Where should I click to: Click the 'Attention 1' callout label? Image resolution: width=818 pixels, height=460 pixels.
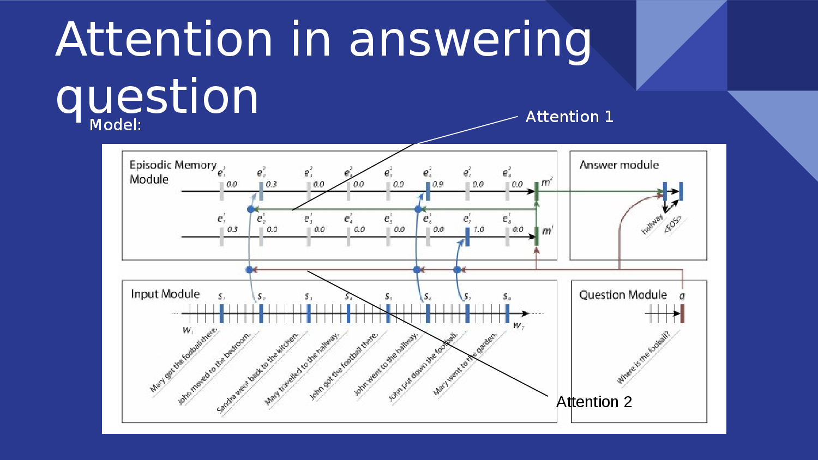(569, 117)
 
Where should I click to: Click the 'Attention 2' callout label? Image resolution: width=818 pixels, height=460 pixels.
(594, 402)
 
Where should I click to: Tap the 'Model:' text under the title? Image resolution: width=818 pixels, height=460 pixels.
(115, 125)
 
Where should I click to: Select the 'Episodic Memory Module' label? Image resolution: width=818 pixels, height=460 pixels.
(172, 172)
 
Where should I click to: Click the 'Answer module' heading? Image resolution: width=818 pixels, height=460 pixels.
(619, 165)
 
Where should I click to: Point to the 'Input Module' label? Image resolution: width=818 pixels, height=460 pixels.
(165, 294)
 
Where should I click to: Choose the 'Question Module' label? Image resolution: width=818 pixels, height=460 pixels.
(623, 295)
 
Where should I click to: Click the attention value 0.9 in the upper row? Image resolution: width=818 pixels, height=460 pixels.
(438, 184)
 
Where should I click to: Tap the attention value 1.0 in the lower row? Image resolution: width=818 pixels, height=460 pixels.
(479, 229)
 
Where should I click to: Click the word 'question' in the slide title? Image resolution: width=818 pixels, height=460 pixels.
(157, 97)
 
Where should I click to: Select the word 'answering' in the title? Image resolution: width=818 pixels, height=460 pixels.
(470, 39)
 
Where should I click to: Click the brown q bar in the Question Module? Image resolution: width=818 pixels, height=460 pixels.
(682, 314)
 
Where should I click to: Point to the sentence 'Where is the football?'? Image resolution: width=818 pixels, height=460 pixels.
(643, 358)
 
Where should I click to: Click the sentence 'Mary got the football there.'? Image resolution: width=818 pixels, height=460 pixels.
(184, 360)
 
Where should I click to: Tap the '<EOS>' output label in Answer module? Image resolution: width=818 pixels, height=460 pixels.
(672, 225)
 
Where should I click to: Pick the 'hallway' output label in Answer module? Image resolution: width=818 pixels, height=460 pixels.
(652, 225)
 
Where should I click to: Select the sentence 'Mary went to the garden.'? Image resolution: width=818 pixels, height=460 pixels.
(465, 364)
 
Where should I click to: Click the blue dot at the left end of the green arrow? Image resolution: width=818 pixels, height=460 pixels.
(251, 209)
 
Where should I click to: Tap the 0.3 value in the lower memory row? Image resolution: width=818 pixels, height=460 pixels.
(232, 229)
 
